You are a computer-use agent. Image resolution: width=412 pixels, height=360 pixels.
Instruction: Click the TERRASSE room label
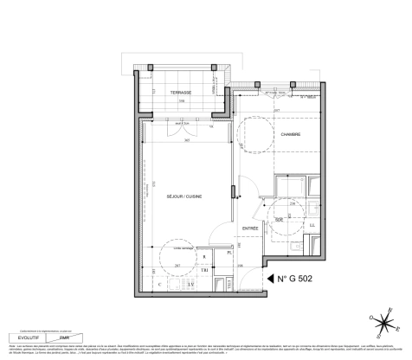click(179, 92)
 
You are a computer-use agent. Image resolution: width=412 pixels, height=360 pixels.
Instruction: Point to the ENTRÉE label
click(250, 228)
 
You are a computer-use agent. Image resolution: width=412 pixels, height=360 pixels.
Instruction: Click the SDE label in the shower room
click(280, 221)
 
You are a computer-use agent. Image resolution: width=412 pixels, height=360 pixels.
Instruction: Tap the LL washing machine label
click(311, 226)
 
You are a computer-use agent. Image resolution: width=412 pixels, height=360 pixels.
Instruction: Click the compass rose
click(380, 327)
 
